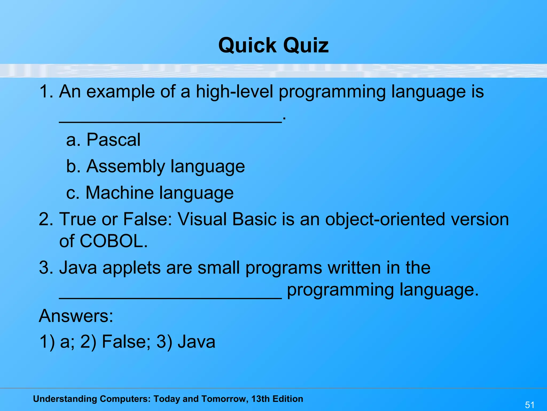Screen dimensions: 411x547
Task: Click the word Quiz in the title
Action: (306, 45)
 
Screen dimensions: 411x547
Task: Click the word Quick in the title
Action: (247, 45)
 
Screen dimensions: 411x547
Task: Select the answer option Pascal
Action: (114, 140)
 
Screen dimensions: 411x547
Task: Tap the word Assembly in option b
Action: (126, 166)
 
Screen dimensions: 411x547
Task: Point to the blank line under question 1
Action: (170, 122)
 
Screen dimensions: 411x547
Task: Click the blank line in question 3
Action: (170, 298)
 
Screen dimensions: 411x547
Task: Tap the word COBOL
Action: (114, 241)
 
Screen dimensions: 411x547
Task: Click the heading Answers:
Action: (76, 316)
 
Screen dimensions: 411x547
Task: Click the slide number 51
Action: (530, 405)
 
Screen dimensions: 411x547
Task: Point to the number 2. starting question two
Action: (46, 219)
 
